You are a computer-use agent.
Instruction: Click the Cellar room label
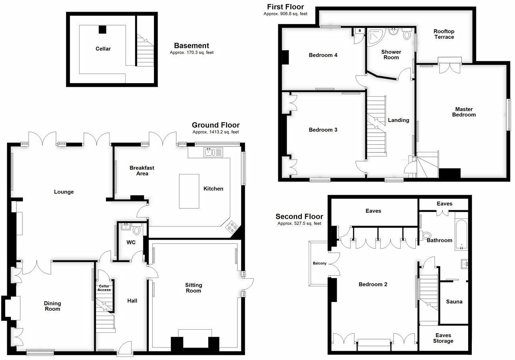pos(103,49)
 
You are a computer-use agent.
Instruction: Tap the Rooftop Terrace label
pos(444,34)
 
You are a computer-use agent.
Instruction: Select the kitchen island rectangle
pos(189,191)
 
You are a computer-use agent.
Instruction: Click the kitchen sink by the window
pos(210,152)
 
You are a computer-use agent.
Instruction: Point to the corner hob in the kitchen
pos(232,227)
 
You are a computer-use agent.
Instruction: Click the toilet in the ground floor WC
pos(137,230)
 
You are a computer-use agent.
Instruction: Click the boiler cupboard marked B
pos(359,30)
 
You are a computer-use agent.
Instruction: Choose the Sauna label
pos(454,302)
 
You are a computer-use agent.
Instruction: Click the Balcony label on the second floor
pos(320,263)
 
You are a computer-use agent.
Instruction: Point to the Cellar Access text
pos(104,288)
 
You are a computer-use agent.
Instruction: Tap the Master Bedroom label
pos(464,112)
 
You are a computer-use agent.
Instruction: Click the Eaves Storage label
pos(443,338)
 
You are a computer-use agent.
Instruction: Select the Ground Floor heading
pos(216,125)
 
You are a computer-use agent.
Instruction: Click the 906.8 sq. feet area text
pos(285,14)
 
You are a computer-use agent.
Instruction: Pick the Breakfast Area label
pos(142,171)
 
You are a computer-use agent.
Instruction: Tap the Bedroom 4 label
pos(323,55)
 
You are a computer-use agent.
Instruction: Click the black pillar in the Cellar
pos(103,29)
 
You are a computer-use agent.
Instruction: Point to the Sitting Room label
pos(194,288)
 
